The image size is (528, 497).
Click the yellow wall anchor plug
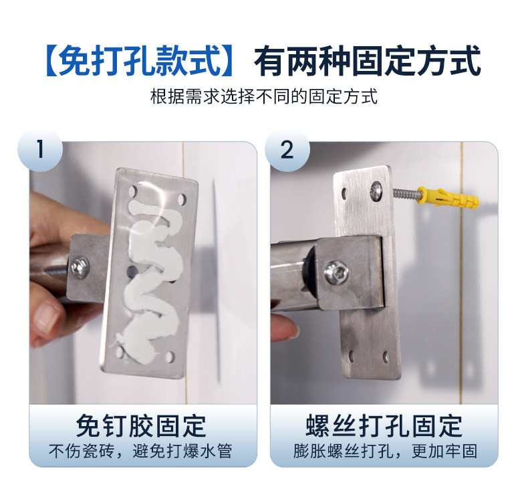click(x=447, y=197)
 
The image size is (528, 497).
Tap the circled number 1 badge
click(x=40, y=149)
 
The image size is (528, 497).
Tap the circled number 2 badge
click(x=287, y=149)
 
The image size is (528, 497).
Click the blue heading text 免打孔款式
click(x=139, y=61)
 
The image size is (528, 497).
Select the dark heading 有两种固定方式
click(x=367, y=61)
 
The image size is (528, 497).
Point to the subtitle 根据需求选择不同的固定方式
click(x=264, y=97)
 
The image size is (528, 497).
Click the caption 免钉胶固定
click(x=141, y=426)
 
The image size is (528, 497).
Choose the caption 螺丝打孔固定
click(x=384, y=426)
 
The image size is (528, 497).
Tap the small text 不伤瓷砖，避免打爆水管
click(x=140, y=452)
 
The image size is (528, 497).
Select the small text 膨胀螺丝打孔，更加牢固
click(x=385, y=452)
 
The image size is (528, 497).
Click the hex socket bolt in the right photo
click(x=336, y=272)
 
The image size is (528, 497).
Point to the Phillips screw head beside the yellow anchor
click(x=376, y=191)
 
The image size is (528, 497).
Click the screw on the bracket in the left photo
click(x=80, y=267)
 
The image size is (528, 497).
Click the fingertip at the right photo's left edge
click(x=285, y=326)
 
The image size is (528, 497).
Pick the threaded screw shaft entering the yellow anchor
click(x=406, y=195)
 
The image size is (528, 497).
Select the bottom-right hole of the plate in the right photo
click(x=386, y=358)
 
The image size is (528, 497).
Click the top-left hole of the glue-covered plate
click(x=133, y=191)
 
